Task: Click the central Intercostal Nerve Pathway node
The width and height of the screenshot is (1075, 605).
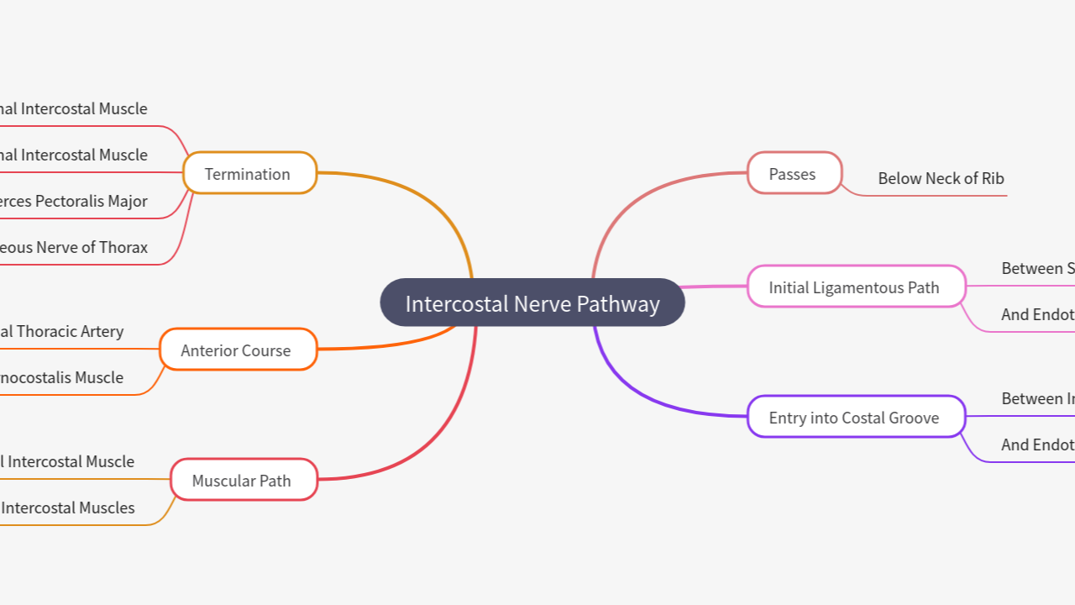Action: coord(532,302)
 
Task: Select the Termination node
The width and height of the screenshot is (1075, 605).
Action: coord(249,173)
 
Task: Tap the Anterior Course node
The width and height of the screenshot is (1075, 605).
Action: coord(237,350)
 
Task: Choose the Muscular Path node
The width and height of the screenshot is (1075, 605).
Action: coord(243,480)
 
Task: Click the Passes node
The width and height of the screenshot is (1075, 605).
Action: coord(794,173)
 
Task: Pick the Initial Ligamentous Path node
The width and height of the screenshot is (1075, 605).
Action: coord(855,287)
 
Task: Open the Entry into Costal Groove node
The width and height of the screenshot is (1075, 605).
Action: coord(855,417)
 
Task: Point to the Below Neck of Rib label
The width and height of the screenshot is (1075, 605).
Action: coord(941,178)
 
